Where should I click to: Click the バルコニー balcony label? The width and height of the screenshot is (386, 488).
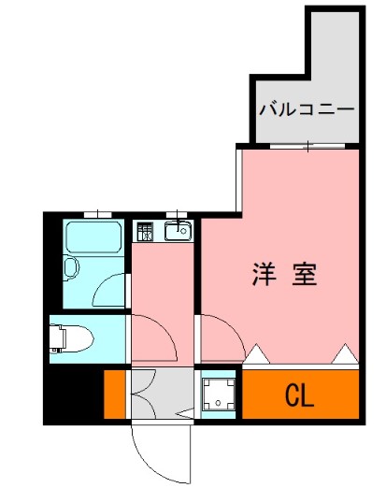[307, 108]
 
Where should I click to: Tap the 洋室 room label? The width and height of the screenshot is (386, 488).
[284, 275]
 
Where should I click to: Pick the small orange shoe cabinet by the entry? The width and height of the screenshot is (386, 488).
[113, 394]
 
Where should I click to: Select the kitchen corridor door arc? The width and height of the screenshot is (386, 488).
[151, 337]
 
